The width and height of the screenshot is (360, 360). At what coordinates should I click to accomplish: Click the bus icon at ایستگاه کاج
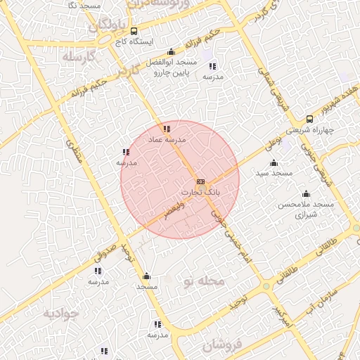pyautogui.click(x=134, y=30)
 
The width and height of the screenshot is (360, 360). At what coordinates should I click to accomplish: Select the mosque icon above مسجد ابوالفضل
pyautogui.click(x=172, y=51)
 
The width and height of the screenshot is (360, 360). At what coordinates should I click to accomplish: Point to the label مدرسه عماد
pyautogui.click(x=167, y=140)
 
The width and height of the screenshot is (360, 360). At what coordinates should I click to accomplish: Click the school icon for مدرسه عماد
pyautogui.click(x=167, y=129)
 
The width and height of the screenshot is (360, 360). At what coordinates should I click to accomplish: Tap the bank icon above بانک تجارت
pyautogui.click(x=201, y=181)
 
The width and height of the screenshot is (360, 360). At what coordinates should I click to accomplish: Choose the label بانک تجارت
pyautogui.click(x=201, y=192)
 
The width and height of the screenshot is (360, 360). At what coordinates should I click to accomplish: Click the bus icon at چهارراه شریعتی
pyautogui.click(x=309, y=119)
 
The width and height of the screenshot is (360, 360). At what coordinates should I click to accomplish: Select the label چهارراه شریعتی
pyautogui.click(x=328, y=131)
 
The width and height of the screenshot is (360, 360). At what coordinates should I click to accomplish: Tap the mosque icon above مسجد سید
pyautogui.click(x=274, y=162)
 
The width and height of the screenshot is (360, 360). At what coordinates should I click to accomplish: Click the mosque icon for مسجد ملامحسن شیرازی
pyautogui.click(x=306, y=193)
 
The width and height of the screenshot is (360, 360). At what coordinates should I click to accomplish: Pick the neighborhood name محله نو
pyautogui.click(x=203, y=282)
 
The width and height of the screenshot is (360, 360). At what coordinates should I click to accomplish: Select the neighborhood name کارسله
pyautogui.click(x=77, y=56)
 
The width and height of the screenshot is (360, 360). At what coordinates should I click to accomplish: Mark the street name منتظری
pyautogui.click(x=75, y=150)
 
